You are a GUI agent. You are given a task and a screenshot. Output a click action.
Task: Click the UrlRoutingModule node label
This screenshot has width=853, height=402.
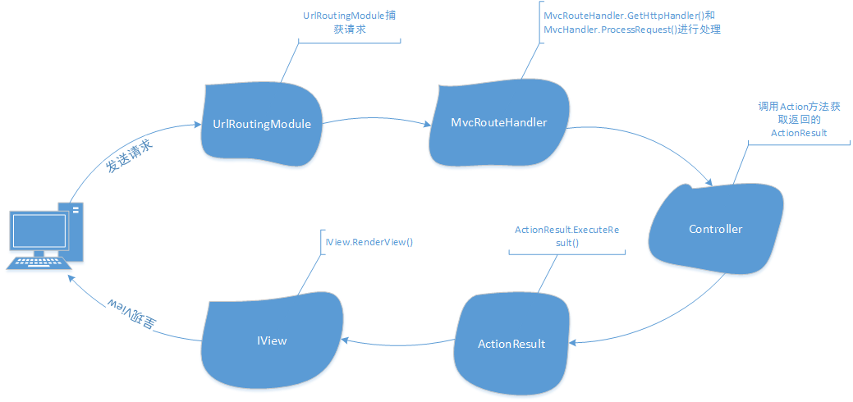(x=261, y=125)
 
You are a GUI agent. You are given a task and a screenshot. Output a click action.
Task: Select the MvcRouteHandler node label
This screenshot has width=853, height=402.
(x=499, y=122)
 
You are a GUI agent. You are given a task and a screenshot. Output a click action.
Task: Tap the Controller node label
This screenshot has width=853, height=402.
(x=715, y=229)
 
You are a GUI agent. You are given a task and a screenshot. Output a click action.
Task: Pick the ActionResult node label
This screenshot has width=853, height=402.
(x=511, y=343)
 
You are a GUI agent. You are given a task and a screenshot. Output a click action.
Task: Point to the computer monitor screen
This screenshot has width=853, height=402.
(x=38, y=233)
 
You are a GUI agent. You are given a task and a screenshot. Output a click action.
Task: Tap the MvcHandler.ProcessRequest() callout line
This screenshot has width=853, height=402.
(x=631, y=30)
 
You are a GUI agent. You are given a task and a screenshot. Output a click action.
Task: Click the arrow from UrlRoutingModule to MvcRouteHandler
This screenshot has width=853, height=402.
(x=376, y=125)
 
